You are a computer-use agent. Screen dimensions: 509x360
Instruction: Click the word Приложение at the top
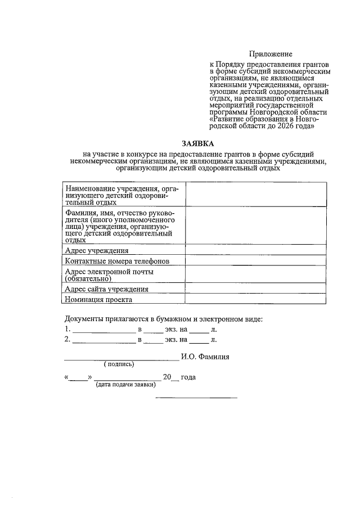tap(272, 54)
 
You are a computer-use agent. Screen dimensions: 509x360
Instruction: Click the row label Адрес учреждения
tap(97, 250)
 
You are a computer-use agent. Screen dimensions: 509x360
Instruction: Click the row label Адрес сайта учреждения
tap(107, 289)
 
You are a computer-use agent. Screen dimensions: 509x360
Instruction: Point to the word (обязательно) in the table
tap(89, 278)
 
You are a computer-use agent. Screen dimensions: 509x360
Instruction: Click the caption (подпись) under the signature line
tap(118, 364)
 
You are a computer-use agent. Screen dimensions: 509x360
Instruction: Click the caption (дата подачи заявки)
tap(125, 385)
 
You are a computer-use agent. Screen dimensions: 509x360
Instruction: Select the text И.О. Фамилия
tap(205, 357)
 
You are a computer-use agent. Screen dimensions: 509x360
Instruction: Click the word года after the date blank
tap(188, 377)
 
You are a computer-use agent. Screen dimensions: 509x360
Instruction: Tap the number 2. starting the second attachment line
tap(67, 340)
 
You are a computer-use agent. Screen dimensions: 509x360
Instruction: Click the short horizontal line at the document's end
tap(196, 398)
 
